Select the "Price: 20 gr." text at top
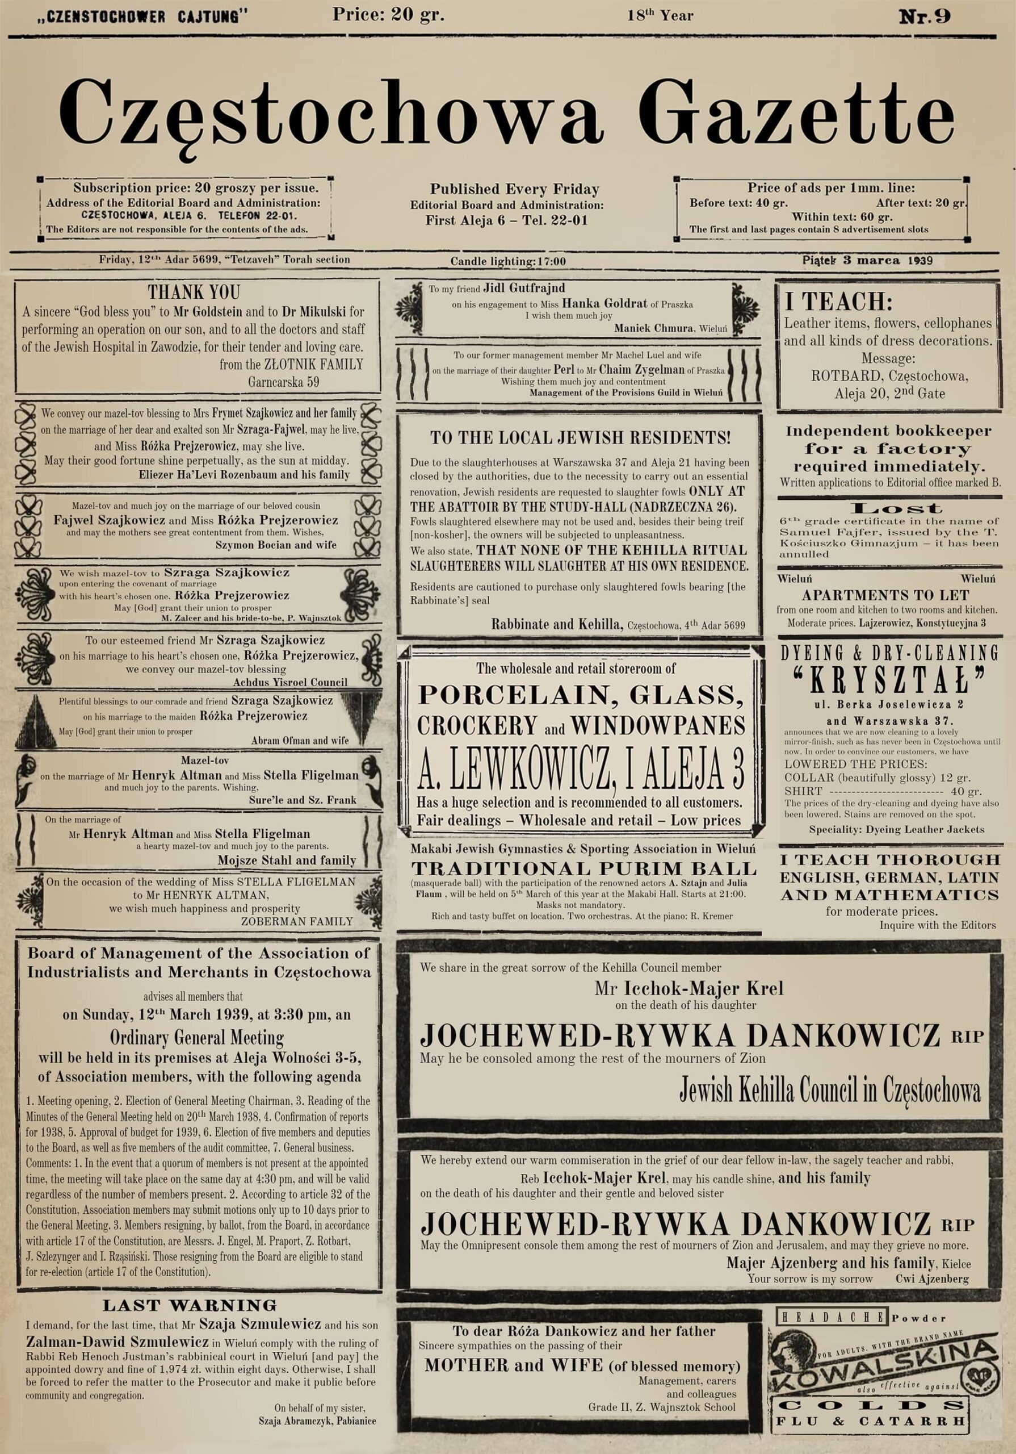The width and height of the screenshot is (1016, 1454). pos(388,15)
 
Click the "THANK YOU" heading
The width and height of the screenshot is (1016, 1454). pos(194,293)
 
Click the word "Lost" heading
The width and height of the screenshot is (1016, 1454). pos(889,508)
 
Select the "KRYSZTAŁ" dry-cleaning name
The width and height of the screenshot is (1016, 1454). pos(889,684)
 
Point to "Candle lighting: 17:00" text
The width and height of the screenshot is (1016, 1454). pos(507,261)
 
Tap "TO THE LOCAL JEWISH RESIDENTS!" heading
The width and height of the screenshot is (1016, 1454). pos(580,437)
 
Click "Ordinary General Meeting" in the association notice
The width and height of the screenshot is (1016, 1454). pos(197,1038)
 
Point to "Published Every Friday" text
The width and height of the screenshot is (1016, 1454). pos(514,189)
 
